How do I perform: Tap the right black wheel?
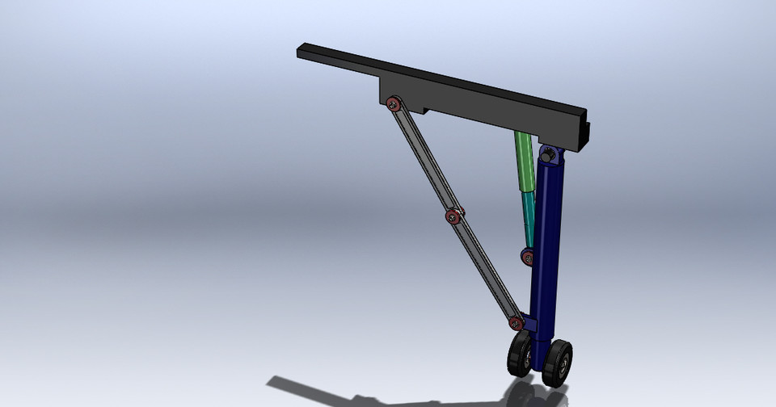click(x=558, y=362)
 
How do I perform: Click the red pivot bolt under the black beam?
click(x=394, y=103)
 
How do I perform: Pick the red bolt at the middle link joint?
click(x=453, y=216)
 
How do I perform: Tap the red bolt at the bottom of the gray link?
click(x=516, y=323)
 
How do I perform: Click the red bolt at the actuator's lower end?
click(x=527, y=257)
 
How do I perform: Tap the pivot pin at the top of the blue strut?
click(x=548, y=153)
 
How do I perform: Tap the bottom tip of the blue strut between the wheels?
click(x=538, y=367)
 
